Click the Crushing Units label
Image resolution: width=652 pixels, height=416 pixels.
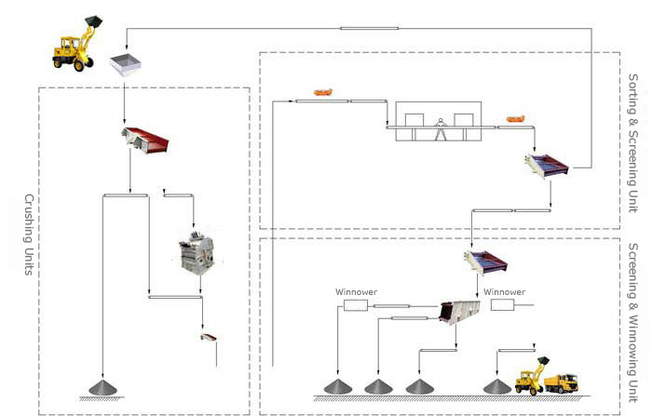[28, 235]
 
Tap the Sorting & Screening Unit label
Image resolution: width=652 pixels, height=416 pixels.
[632, 143]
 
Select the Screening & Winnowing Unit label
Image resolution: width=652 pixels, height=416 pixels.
[632, 323]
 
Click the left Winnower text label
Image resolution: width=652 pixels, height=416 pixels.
[357, 292]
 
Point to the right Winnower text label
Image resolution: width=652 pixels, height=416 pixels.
[505, 292]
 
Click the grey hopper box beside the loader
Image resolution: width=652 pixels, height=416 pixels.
[125, 65]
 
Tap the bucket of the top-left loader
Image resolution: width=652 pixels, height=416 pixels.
[93, 21]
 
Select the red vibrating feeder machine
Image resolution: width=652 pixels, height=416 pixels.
[145, 140]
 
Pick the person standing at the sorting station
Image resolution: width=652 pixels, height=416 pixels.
[440, 129]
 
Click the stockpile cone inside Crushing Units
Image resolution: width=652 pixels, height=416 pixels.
[103, 387]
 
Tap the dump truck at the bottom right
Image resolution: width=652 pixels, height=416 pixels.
[561, 382]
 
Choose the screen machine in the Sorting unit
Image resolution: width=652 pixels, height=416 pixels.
[547, 166]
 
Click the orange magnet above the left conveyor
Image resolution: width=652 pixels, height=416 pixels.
[322, 92]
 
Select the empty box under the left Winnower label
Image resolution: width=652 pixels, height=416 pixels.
[356, 305]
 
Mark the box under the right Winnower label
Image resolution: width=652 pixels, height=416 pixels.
[502, 305]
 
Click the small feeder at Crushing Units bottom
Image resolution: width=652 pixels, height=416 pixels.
[209, 337]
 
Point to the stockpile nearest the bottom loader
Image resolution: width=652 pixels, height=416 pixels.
[497, 386]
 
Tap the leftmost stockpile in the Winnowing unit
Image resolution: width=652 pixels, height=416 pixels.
[338, 386]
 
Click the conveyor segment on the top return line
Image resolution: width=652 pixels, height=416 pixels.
[369, 28]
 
